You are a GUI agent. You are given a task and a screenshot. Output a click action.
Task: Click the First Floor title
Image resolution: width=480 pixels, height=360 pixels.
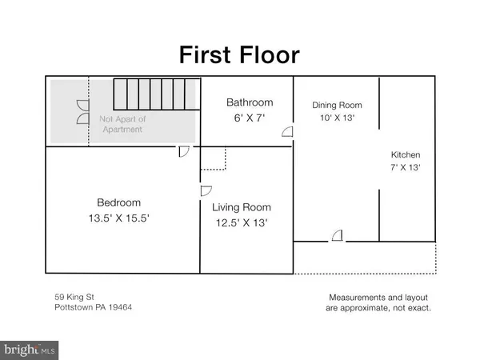coord(239,54)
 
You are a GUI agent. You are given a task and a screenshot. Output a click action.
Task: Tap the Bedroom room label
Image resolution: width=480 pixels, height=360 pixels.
coord(119,202)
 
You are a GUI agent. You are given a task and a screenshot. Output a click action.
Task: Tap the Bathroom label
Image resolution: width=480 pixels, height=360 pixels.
coord(250,102)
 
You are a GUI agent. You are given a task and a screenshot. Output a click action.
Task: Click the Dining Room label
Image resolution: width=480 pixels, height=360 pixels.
coord(337,105)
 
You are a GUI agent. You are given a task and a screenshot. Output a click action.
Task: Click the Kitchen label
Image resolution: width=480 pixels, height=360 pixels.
coord(406,154)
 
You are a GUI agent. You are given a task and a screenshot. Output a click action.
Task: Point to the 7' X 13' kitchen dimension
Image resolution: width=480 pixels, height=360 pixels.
coord(406,168)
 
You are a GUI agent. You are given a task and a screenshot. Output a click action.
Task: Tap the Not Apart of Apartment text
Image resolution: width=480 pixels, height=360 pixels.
coord(122,124)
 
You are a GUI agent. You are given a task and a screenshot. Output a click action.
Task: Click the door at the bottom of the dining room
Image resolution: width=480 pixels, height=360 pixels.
coord(338,234)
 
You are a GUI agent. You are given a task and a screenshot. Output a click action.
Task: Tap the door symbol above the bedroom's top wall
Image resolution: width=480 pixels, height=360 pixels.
coord(183,150)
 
